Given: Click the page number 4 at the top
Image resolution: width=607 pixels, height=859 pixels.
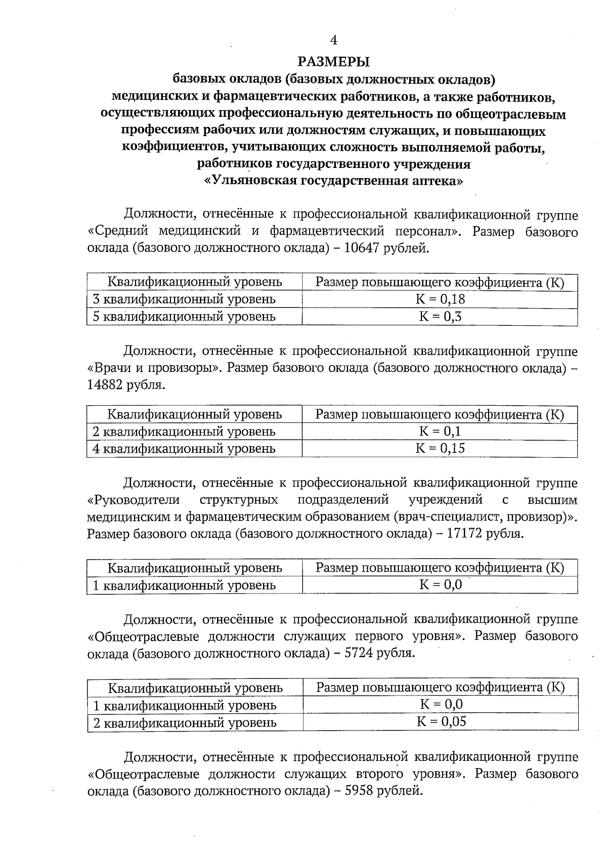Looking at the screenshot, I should (x=333, y=40).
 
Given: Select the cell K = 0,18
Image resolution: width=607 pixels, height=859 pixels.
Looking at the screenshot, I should (x=440, y=299).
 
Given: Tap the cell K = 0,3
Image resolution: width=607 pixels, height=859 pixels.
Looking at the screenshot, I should (x=440, y=317).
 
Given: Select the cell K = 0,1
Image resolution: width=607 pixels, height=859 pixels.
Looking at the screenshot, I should (x=440, y=431).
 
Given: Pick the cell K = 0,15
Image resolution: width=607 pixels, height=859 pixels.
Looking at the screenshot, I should (x=440, y=448).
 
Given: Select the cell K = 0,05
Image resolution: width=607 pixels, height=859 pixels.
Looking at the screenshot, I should (x=441, y=722).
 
